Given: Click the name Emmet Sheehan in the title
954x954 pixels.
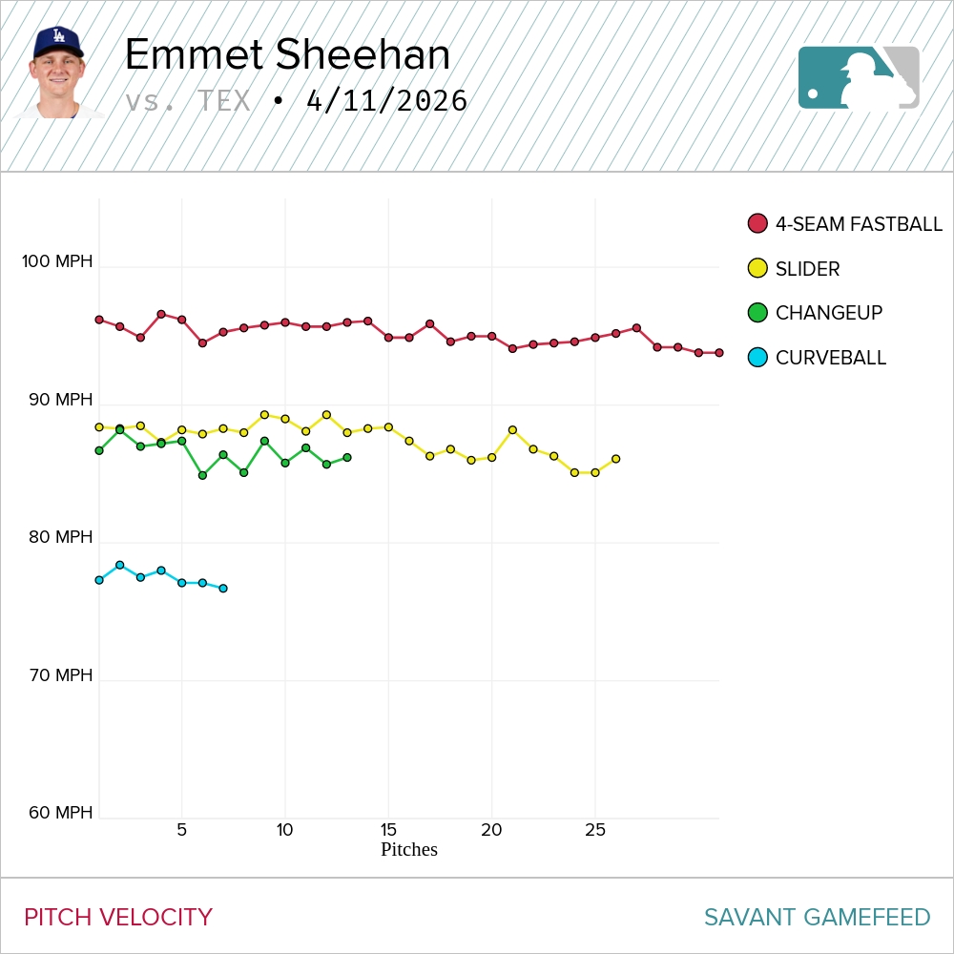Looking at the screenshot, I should coord(287,55).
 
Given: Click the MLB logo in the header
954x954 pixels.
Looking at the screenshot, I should coord(859,77).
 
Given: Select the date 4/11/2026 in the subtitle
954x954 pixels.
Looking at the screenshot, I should coord(386,101).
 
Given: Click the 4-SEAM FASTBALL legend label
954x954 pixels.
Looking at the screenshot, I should coord(859,224).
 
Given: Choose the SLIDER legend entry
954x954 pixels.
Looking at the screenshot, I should coord(807,269).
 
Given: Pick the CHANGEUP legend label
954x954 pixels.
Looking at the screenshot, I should coord(828,313).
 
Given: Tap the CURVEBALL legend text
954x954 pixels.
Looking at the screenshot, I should coord(830,358).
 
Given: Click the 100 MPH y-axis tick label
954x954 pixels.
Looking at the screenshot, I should coord(58,260).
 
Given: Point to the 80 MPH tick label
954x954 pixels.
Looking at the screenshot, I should coord(60,537).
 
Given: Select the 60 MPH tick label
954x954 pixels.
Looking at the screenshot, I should coord(60,813).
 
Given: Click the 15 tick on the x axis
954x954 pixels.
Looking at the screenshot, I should coord(388,830).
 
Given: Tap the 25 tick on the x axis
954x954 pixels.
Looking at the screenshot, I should coord(595,830).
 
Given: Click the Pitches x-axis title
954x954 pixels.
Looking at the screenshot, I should coord(408,849).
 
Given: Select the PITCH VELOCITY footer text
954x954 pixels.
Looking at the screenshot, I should coord(118,918).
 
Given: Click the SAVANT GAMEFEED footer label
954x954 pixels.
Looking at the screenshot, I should coord(817,918).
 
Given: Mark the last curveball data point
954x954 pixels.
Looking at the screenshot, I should coord(223,589).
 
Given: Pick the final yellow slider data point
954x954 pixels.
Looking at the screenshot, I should coord(616,459).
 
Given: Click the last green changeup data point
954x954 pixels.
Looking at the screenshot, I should coord(347,458).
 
